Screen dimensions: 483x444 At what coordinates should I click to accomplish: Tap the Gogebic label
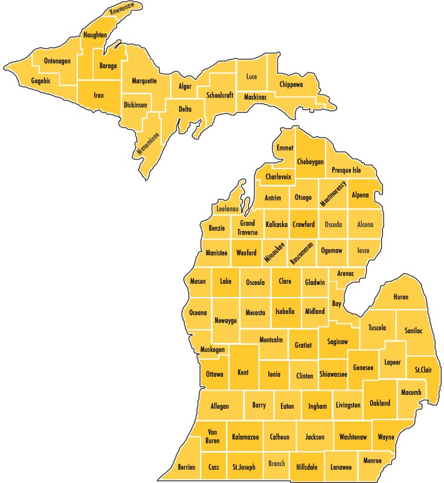[41, 80]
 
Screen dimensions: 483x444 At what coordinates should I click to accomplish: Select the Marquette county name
[144, 80]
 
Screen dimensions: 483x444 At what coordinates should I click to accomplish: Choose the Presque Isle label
[346, 170]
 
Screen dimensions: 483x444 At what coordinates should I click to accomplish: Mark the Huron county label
[401, 297]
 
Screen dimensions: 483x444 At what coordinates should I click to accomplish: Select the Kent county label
[243, 372]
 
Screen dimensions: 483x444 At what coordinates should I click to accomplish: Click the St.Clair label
[423, 369]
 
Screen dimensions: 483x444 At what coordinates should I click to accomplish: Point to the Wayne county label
[386, 437]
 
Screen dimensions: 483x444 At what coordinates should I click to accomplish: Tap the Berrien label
[187, 467]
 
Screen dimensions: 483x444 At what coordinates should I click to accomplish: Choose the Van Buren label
[212, 436]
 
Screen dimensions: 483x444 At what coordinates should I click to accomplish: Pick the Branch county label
[277, 464]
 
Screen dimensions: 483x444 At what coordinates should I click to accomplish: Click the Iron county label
[99, 95]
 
